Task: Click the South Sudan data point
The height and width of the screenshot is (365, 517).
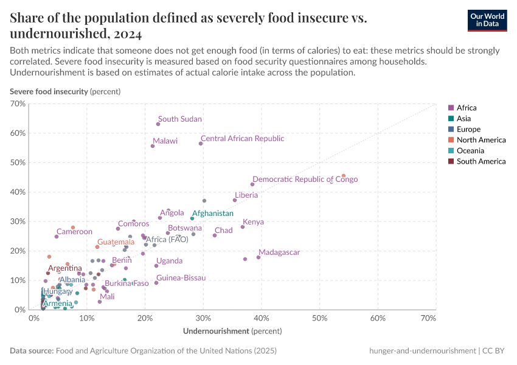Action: tap(158, 124)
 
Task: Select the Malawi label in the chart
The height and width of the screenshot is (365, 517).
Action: tap(165, 141)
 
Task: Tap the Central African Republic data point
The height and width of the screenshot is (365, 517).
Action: tap(201, 144)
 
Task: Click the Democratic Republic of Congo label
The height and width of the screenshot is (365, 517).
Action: tap(305, 179)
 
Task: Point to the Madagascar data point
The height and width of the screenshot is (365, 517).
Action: tap(258, 257)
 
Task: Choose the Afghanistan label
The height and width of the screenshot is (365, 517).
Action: tap(212, 214)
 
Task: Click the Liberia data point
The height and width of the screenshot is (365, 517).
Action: tap(235, 200)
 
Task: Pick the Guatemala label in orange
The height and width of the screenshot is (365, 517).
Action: tap(116, 242)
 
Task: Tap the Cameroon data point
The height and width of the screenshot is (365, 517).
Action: tap(57, 236)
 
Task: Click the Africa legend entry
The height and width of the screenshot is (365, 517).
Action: tap(467, 108)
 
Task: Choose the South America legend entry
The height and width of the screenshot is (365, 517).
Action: tap(481, 161)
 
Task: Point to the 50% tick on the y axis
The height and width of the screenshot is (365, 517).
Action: tap(18, 162)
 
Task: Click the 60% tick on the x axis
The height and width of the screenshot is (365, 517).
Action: tap(378, 319)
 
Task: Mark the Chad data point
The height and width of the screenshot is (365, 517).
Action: tap(215, 235)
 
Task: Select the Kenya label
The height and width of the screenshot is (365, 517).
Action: tap(253, 222)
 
